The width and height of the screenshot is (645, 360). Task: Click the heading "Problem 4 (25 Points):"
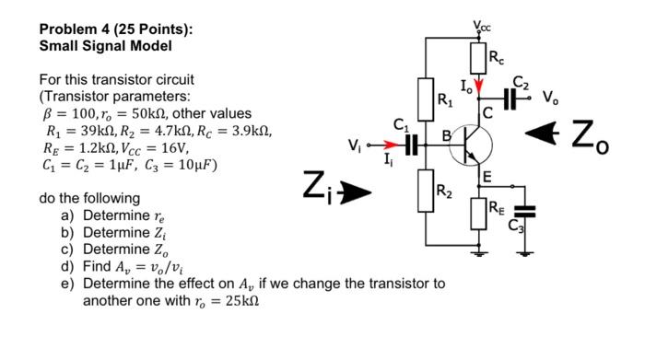click(x=116, y=29)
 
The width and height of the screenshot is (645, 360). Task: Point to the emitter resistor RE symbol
click(x=479, y=214)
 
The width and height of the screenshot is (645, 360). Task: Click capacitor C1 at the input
click(x=411, y=145)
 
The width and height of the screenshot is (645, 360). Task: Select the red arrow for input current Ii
click(x=391, y=145)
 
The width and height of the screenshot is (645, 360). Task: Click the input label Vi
click(x=355, y=144)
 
